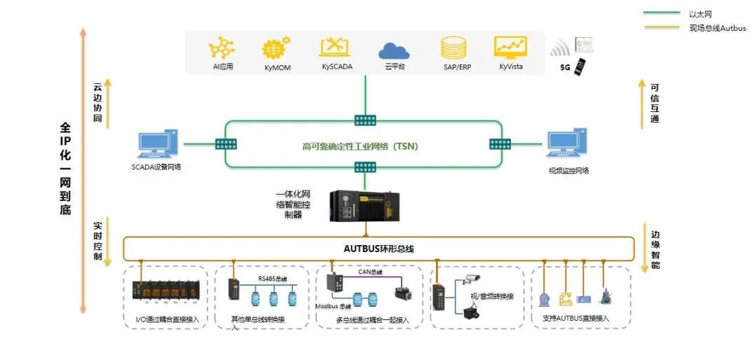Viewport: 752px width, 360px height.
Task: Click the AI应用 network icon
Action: coord(222,48)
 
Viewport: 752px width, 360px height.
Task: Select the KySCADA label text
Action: coord(337,67)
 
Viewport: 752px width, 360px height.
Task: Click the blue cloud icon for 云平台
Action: coord(394,50)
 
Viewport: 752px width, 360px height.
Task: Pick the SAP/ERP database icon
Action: coord(453,48)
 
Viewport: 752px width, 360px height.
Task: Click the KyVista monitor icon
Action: coord(510,47)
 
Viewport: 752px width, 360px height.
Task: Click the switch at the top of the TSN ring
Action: coord(364,120)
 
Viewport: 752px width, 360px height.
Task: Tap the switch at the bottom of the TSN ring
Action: coord(364,167)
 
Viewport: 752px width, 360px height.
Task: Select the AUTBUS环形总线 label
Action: coord(378,249)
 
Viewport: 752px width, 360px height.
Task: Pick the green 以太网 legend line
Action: coord(661,13)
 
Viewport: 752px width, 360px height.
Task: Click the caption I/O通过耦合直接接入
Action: coord(168,319)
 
